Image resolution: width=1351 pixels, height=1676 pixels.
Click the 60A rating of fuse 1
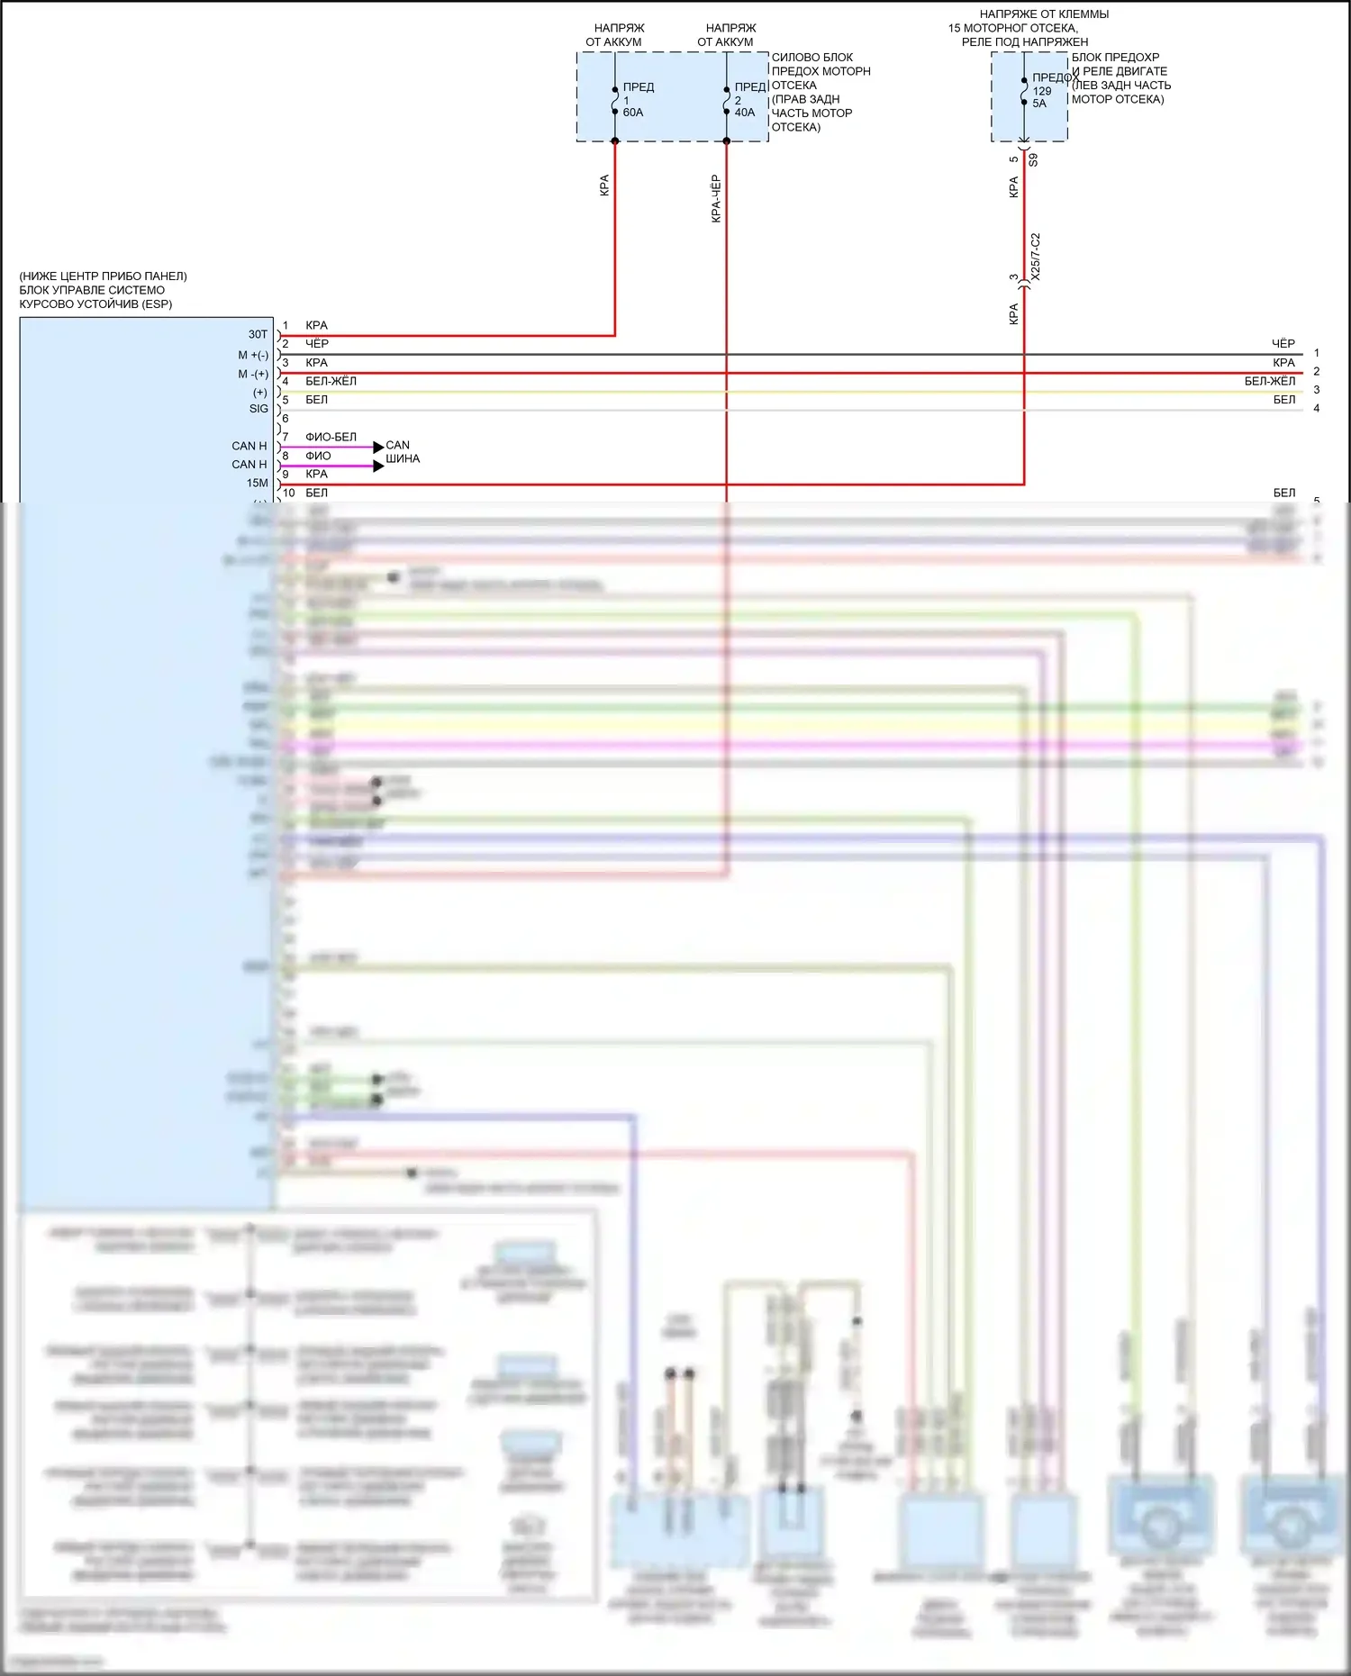pyautogui.click(x=632, y=113)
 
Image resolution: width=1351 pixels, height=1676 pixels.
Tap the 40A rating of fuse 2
pyautogui.click(x=745, y=113)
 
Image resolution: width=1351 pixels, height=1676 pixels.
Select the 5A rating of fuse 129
pyautogui.click(x=1039, y=104)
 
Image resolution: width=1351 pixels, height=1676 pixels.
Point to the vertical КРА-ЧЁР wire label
pyautogui.click(x=716, y=198)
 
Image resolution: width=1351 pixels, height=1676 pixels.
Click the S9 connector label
pyautogui.click(x=1033, y=159)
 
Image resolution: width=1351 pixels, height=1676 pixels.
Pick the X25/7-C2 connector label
pyautogui.click(x=1035, y=257)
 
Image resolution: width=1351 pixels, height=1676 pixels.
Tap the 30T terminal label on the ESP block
pyautogui.click(x=258, y=334)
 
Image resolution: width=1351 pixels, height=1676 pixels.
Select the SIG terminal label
pyautogui.click(x=258, y=409)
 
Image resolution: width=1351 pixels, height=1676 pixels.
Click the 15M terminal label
pyautogui.click(x=257, y=484)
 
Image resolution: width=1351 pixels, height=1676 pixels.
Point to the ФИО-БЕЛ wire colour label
pyautogui.click(x=331, y=437)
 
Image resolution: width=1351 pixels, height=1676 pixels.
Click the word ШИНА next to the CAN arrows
pyautogui.click(x=403, y=459)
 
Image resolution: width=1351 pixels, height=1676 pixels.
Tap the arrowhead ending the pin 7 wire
pyautogui.click(x=378, y=447)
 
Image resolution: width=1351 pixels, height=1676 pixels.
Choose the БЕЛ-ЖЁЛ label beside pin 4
pyautogui.click(x=331, y=381)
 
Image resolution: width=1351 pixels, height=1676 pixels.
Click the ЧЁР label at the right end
pyautogui.click(x=1283, y=344)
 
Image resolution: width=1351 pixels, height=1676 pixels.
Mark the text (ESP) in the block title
pyautogui.click(x=157, y=304)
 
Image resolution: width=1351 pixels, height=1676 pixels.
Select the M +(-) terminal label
pyautogui.click(x=253, y=356)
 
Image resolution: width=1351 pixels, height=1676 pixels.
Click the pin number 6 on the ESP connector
pyautogui.click(x=286, y=418)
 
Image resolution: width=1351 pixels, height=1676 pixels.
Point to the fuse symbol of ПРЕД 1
pyautogui.click(x=615, y=100)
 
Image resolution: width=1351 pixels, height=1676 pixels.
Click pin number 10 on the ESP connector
pyautogui.click(x=288, y=494)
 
